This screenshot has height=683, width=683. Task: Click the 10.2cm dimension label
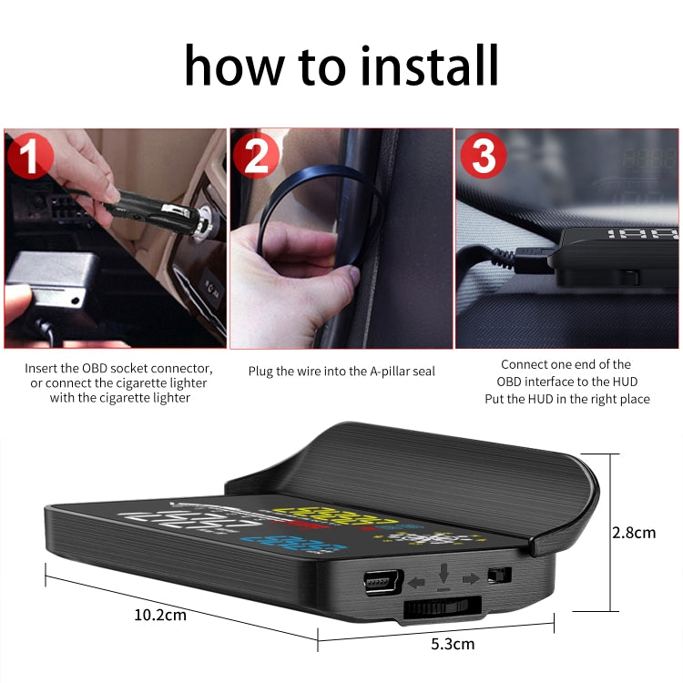[159, 614]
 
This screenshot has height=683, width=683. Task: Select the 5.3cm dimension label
[452, 644]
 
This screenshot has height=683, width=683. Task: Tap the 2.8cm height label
[634, 533]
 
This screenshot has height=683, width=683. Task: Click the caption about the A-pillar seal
[341, 372]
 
